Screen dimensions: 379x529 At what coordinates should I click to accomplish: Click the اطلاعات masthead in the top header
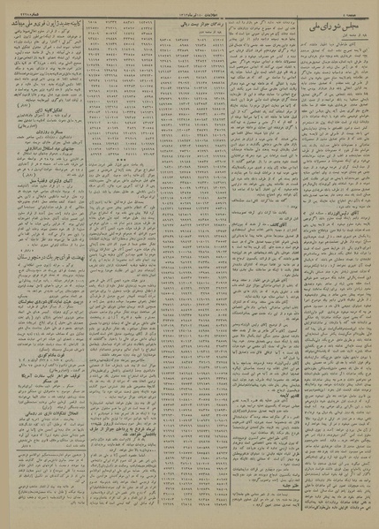pos(189,11)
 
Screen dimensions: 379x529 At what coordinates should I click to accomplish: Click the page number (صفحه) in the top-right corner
pos(357,11)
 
